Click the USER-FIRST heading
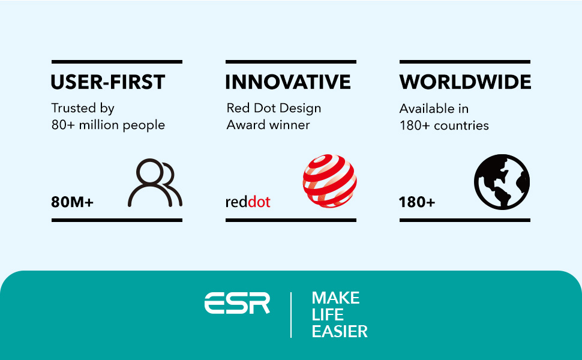[x=107, y=82]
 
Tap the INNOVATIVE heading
[x=287, y=82]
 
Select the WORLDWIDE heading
[x=465, y=82]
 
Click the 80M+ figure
[x=72, y=202]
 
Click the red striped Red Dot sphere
[x=329, y=181]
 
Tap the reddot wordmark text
[x=248, y=202]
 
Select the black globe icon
[x=502, y=182]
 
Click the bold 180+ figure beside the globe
[x=416, y=202]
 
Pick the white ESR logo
[x=237, y=303]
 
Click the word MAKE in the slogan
[x=335, y=298]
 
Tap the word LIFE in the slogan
[x=328, y=315]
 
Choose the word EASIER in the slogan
[x=340, y=331]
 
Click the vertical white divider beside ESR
[x=291, y=315]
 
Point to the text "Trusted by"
[x=83, y=109]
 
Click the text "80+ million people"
[x=108, y=125]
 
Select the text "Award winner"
[x=268, y=125]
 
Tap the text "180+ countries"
[x=444, y=125]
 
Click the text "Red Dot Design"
[x=274, y=109]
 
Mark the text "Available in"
[x=434, y=109]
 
